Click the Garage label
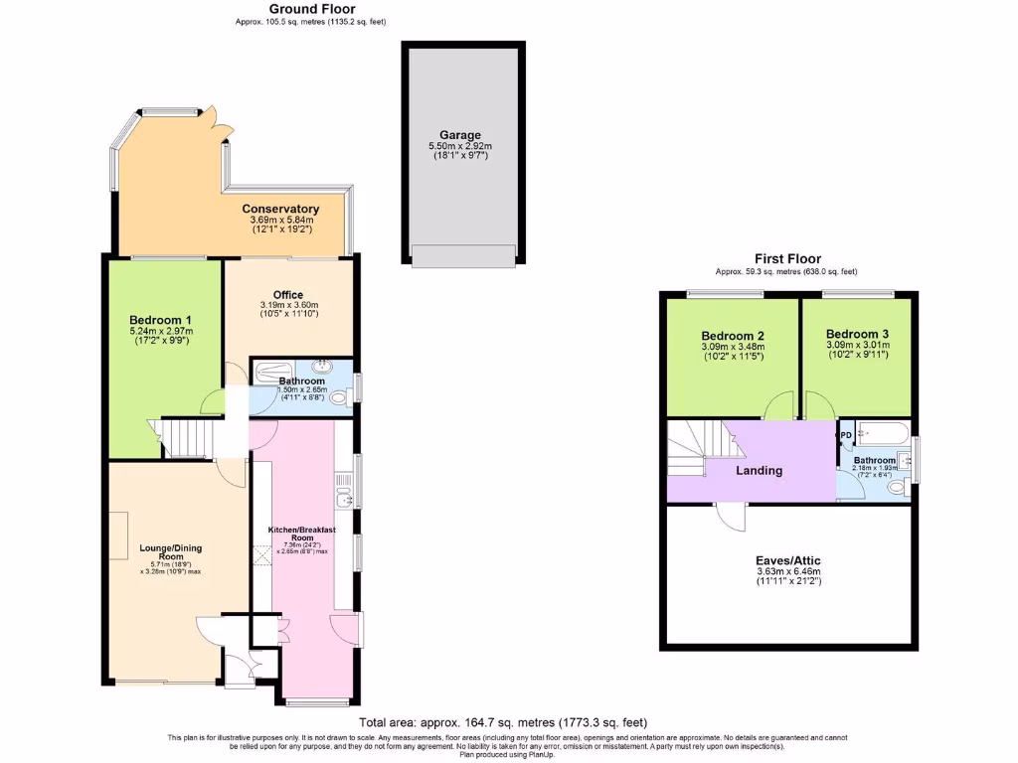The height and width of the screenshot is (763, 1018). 460,135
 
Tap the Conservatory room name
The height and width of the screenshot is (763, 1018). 280,209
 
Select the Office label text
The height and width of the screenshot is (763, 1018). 287,294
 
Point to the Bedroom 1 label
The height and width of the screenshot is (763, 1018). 160,320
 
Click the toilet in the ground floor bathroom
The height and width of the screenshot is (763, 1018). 338,398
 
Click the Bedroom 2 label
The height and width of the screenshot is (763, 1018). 732,335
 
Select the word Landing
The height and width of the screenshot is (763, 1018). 760,470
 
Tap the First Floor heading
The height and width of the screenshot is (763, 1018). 785,258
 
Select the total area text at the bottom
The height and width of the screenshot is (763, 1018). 508,722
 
